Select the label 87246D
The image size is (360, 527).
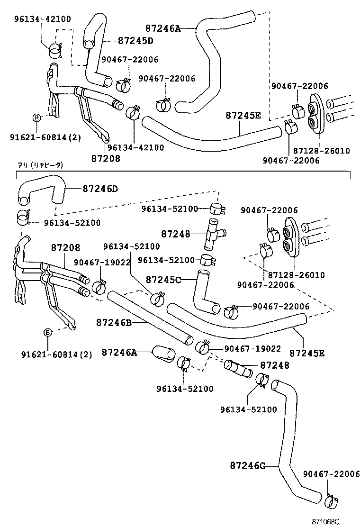(x=100, y=189)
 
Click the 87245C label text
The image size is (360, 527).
(x=163, y=280)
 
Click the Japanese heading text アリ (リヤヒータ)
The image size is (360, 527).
(x=40, y=165)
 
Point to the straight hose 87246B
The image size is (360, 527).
(x=150, y=318)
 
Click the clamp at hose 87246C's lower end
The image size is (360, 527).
(x=331, y=501)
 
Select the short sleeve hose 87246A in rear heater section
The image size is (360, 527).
(x=163, y=354)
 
